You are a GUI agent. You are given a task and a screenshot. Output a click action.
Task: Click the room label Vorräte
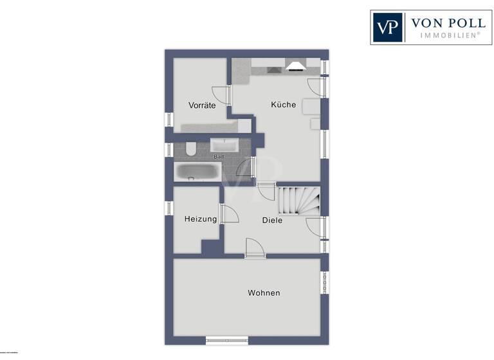tap(201, 105)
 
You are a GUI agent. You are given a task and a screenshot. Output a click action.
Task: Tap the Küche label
tap(283, 104)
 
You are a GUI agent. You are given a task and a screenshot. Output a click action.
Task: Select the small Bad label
tap(218, 157)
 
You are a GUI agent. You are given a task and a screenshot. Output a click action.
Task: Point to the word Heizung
tap(200, 219)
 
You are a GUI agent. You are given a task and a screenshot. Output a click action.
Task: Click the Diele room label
tap(272, 221)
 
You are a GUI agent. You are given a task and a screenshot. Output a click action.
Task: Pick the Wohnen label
tap(264, 293)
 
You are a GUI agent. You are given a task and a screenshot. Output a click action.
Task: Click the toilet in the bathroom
tap(190, 150)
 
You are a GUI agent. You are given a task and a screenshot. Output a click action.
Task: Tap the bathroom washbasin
tap(224, 145)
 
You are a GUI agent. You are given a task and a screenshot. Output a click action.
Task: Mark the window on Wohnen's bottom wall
tap(226, 340)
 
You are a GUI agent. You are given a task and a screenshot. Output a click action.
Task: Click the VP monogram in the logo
tap(387, 28)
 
